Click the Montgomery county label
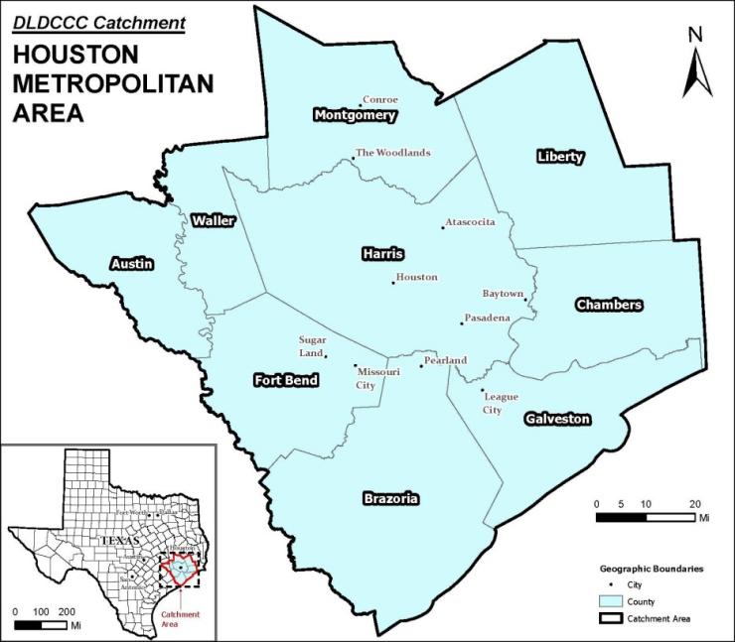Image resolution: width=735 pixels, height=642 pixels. click(355, 115)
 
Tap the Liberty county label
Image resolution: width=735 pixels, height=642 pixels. click(560, 157)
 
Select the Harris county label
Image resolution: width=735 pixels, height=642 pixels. click(382, 255)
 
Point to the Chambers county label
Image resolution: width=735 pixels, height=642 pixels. click(609, 305)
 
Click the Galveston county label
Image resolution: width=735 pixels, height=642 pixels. click(557, 419)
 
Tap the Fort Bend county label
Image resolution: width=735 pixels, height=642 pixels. click(286, 379)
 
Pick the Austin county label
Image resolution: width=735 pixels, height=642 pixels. click(131, 263)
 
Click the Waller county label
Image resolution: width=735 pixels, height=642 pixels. click(214, 220)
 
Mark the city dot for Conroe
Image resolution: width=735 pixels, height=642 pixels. click(360, 105)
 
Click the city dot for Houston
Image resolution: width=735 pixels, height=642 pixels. click(393, 283)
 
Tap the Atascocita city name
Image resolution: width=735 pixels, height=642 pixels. click(471, 222)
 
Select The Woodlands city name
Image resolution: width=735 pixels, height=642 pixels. click(393, 153)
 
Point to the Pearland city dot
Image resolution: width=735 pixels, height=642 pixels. click(421, 366)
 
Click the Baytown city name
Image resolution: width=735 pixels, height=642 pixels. click(502, 294)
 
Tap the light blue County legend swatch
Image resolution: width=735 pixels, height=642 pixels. click(612, 601)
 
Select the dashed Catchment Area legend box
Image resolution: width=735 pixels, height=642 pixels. click(612, 618)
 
